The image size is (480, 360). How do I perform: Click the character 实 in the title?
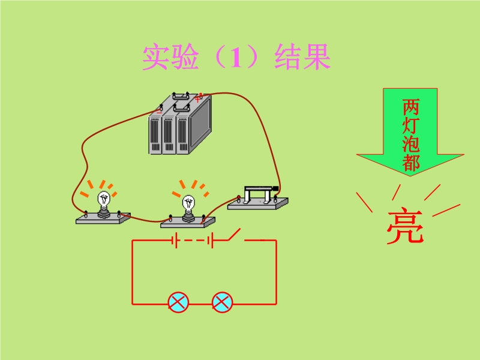155,58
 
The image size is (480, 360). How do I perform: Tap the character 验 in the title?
186,58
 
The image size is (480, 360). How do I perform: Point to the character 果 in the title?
317,58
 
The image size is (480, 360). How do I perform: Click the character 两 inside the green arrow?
410,107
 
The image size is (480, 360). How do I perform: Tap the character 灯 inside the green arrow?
410,126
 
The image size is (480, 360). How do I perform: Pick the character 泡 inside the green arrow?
410,145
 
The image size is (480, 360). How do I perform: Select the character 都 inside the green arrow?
410,163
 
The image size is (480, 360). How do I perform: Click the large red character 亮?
404,227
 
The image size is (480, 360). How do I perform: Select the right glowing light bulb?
188,206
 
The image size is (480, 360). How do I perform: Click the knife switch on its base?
259,199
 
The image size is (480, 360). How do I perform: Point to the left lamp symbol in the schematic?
178,302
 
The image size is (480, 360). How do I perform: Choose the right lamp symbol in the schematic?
222,302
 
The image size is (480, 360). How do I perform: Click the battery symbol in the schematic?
193,241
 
